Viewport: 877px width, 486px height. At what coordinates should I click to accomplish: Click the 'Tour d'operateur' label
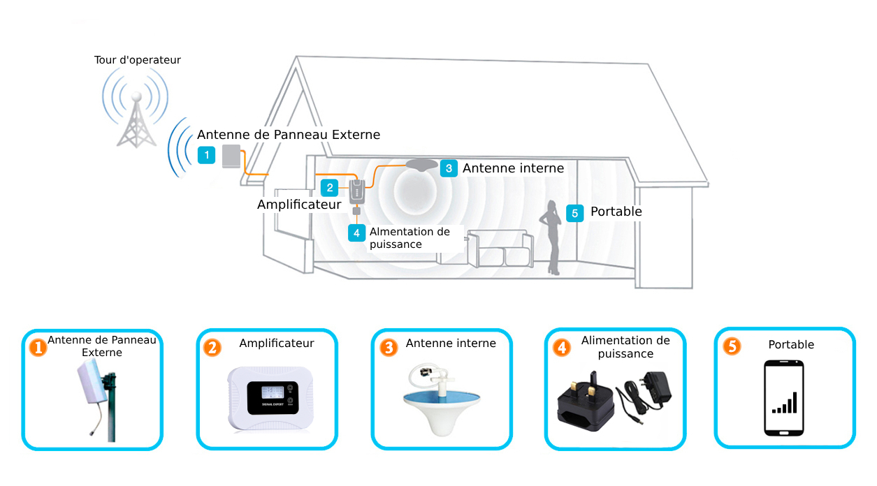138,60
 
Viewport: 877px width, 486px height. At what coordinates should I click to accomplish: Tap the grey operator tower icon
136,121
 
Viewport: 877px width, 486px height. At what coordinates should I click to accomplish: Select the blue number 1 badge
206,155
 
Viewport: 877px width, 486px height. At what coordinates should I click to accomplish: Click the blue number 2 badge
330,188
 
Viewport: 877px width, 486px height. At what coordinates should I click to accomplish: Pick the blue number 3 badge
449,168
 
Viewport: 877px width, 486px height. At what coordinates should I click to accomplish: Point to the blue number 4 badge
356,233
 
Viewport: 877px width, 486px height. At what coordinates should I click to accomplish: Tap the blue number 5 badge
574,213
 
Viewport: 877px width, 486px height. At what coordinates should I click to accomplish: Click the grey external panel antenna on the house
231,156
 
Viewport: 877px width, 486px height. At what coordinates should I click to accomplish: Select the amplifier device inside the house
357,192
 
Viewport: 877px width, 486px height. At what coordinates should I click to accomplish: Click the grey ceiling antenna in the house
421,165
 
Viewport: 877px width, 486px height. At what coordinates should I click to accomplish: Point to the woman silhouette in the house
551,237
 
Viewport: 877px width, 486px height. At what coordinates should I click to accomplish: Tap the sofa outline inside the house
501,249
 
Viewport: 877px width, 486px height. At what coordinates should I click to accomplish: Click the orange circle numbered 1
38,348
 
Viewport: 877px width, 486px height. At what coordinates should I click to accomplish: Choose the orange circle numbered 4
562,348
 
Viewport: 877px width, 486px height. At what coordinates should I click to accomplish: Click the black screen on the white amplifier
273,397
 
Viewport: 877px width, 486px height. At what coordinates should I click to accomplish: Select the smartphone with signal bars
784,398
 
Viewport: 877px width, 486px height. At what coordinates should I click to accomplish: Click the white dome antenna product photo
442,400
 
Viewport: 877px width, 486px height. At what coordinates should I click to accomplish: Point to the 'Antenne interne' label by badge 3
514,168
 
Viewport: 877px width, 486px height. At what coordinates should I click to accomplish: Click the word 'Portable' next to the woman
616,212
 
